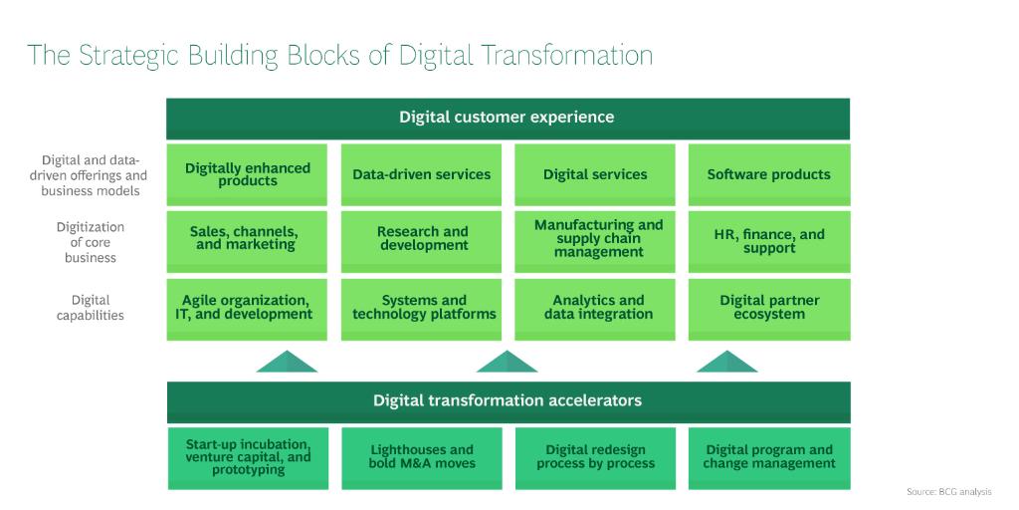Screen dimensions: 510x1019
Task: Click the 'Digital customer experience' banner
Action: pyautogui.click(x=508, y=118)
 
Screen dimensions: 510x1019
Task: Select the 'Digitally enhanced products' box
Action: pyautogui.click(x=247, y=174)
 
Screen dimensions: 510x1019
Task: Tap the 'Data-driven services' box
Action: pyautogui.click(x=421, y=174)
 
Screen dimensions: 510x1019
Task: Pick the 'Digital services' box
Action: pyautogui.click(x=595, y=174)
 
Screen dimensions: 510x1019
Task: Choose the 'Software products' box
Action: pyautogui.click(x=768, y=174)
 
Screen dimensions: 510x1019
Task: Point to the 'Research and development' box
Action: pyautogui.click(x=421, y=239)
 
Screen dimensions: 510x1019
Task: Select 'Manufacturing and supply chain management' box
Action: pyautogui.click(x=595, y=239)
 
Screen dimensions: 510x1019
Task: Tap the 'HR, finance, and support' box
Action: pyautogui.click(x=768, y=240)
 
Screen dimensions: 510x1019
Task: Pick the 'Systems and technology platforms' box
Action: pyautogui.click(x=421, y=308)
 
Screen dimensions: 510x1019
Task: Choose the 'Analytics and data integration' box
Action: pyautogui.click(x=595, y=308)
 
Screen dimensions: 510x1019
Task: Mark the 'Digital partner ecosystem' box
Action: pyautogui.click(x=768, y=308)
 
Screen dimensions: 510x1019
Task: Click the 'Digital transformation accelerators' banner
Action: pyautogui.click(x=508, y=401)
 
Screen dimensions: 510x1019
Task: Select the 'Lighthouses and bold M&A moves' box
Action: pyautogui.click(x=421, y=456)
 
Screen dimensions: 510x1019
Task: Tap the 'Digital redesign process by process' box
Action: pyautogui.click(x=595, y=456)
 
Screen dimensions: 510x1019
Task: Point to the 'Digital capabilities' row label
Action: pyautogui.click(x=91, y=308)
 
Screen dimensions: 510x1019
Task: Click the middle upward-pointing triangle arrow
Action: pyautogui.click(x=507, y=363)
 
